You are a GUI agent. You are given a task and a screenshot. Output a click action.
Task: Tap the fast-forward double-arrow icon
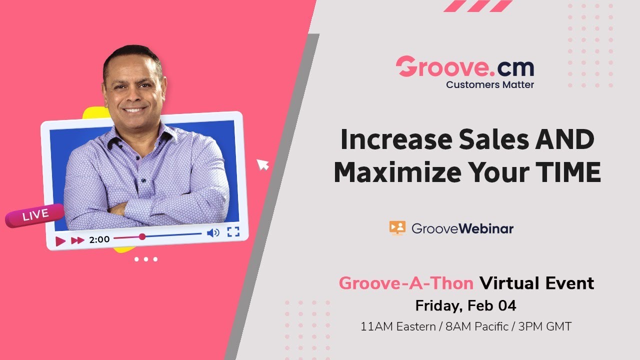(x=77, y=240)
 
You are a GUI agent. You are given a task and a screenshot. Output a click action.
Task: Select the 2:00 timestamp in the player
(x=99, y=239)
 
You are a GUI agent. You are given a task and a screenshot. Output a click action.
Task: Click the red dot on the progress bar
(x=142, y=236)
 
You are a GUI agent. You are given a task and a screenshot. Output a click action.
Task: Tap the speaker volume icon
(x=213, y=232)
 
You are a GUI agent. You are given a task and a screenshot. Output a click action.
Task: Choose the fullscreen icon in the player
(x=233, y=231)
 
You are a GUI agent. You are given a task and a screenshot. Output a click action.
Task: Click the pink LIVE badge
(x=35, y=215)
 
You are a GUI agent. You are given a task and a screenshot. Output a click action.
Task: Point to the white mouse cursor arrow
(x=262, y=164)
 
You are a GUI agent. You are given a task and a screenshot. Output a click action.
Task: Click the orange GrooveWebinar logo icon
(x=397, y=228)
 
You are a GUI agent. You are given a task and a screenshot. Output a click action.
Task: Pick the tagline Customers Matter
(x=490, y=84)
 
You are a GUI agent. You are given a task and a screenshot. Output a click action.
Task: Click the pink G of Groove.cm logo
(x=406, y=67)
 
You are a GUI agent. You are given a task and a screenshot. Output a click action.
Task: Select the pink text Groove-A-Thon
(x=406, y=283)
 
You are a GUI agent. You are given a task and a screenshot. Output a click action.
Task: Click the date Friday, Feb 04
(x=466, y=305)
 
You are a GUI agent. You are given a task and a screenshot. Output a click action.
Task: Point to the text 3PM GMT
(x=544, y=326)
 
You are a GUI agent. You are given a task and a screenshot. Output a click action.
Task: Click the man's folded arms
(x=150, y=202)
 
